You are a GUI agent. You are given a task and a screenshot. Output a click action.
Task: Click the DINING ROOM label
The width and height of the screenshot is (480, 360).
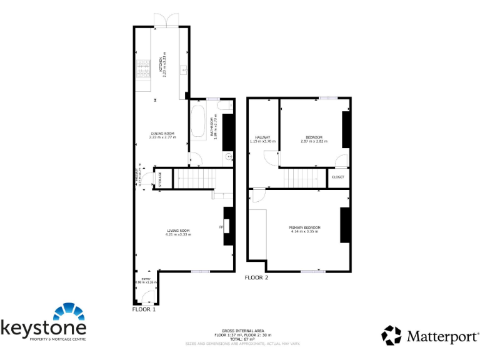click(x=162, y=133)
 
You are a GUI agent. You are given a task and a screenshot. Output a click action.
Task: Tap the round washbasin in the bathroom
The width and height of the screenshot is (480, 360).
click(x=229, y=156)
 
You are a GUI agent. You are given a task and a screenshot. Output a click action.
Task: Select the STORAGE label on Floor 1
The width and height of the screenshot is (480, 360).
click(x=159, y=179)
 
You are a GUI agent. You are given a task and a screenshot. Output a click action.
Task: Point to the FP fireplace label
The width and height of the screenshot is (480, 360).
click(x=221, y=227)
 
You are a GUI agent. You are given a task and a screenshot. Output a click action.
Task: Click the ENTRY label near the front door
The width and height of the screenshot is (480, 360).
click(x=146, y=279)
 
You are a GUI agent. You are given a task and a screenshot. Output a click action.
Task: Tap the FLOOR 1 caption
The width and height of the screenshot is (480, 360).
click(x=144, y=309)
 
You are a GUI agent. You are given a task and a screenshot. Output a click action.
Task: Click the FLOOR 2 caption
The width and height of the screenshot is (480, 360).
click(x=256, y=277)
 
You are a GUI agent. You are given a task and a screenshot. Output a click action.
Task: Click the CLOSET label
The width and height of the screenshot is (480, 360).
click(x=337, y=177)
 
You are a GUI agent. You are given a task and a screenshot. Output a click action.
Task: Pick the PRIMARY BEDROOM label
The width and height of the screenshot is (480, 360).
click(x=304, y=227)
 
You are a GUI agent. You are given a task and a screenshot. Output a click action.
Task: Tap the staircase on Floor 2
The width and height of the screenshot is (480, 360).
click(x=304, y=179)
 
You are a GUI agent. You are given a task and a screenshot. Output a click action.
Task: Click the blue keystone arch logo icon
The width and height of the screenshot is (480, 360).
click(x=69, y=313)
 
